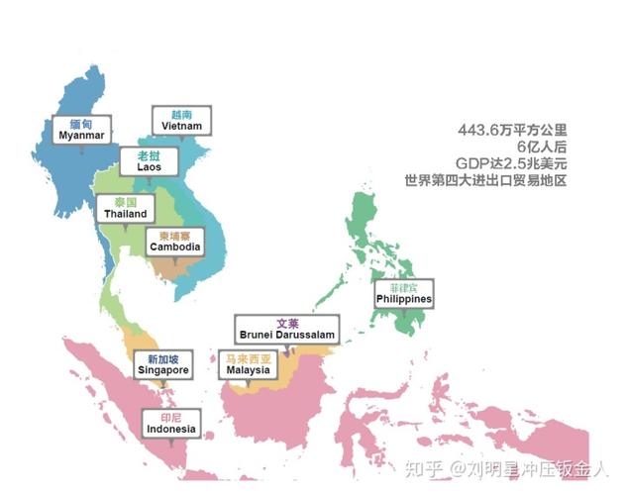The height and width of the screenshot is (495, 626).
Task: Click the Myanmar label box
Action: (x=81, y=130)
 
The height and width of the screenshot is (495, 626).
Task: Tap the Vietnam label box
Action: (x=181, y=121)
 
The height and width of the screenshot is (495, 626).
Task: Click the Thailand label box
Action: (x=124, y=208)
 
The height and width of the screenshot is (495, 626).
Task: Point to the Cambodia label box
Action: (x=174, y=242)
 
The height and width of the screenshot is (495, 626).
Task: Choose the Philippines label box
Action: (x=404, y=293)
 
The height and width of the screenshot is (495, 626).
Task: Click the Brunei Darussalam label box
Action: (x=286, y=329)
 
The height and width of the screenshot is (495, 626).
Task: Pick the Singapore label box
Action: (x=162, y=364)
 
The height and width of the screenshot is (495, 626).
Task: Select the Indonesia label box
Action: (x=170, y=424)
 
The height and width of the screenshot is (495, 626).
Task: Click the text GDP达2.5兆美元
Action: (x=508, y=163)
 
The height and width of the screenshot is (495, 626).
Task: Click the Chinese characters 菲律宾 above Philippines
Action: (x=404, y=286)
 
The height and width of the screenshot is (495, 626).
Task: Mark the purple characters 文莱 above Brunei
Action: (x=287, y=323)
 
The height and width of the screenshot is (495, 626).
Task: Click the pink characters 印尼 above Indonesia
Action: (x=170, y=417)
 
